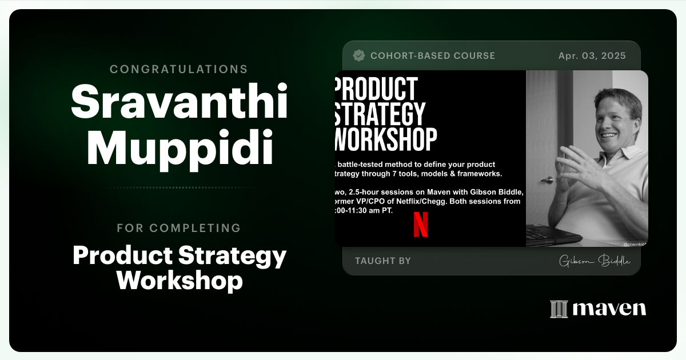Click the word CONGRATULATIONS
click(x=178, y=69)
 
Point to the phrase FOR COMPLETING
click(x=178, y=228)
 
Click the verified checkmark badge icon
click(x=359, y=55)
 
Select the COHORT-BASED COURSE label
click(x=433, y=56)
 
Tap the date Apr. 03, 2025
click(x=592, y=56)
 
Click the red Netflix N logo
click(x=421, y=224)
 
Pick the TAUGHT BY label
click(x=383, y=261)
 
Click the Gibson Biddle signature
click(x=595, y=261)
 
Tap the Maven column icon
click(x=559, y=309)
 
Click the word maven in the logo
click(x=609, y=309)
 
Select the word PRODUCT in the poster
click(x=377, y=89)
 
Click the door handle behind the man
click(x=547, y=179)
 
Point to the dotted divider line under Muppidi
click(x=179, y=187)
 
